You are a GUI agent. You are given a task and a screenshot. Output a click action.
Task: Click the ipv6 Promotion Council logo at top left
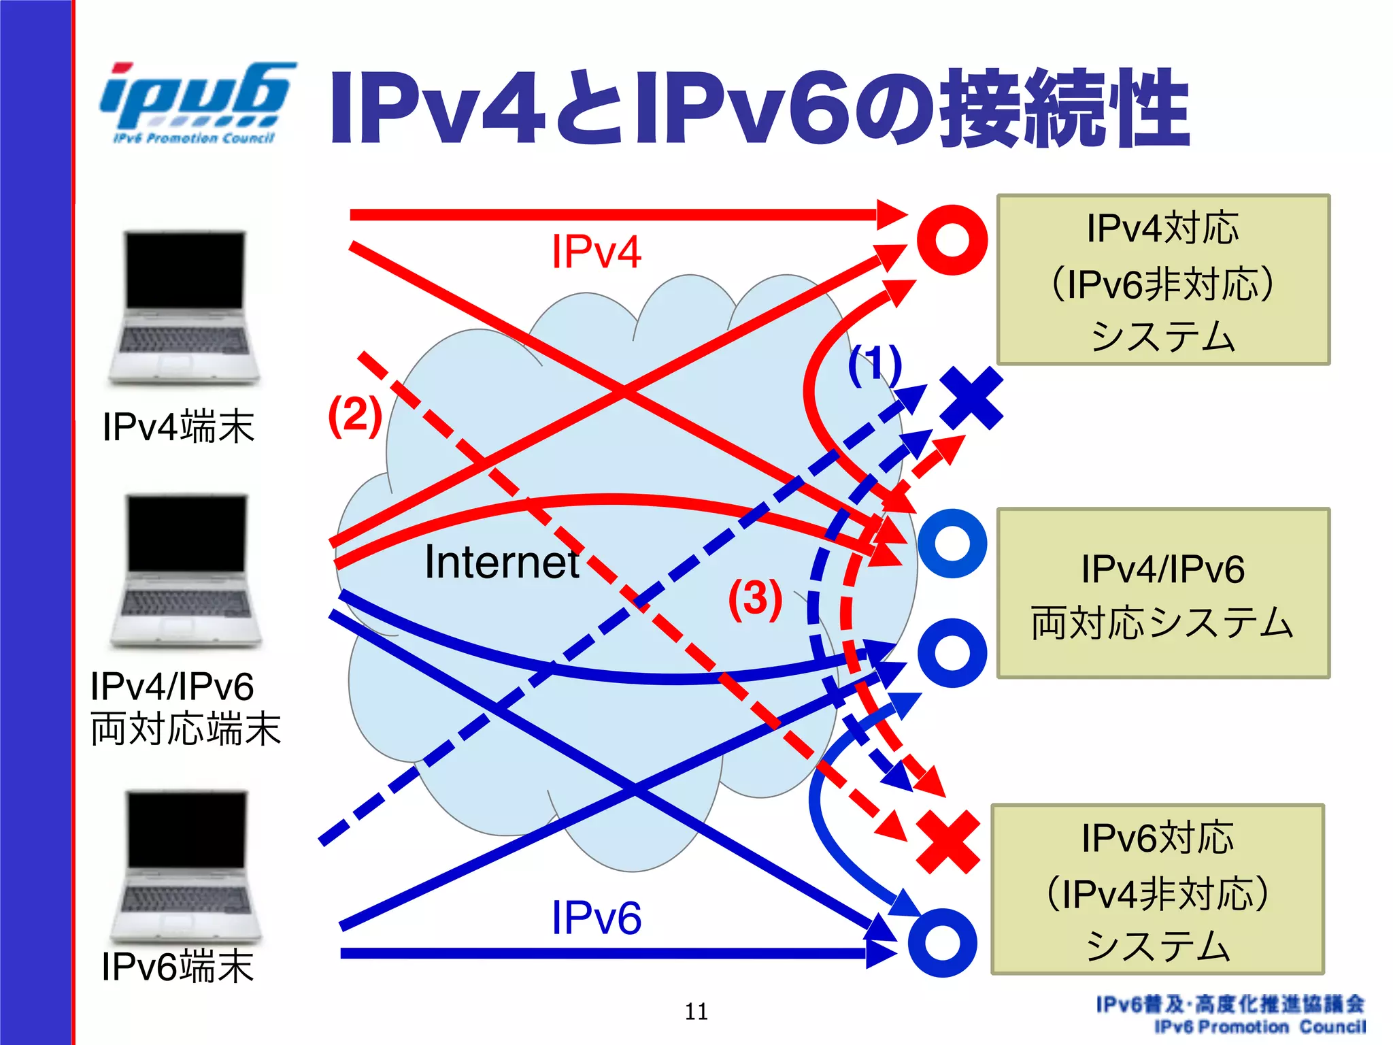pos(197,102)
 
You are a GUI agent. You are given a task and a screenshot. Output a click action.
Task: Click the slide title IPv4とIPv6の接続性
pos(758,109)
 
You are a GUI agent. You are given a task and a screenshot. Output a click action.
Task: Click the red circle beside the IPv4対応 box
pos(952,239)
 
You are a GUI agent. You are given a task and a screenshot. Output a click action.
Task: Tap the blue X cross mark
pos(971,398)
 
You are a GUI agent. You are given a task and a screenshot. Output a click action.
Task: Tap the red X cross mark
pos(948,842)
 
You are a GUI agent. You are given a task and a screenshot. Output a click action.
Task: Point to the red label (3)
pos(755,599)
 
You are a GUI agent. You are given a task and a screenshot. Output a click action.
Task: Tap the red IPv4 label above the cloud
pos(596,252)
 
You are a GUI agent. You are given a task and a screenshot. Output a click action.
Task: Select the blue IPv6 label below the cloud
pos(596,918)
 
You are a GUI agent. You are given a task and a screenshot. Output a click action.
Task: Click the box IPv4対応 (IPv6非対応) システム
pos(1162,280)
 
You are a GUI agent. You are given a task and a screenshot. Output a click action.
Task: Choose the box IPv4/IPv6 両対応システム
pos(1162,593)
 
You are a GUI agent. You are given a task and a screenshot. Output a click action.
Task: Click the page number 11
pos(696,1012)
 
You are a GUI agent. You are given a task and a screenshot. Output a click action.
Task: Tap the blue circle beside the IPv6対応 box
pos(943,943)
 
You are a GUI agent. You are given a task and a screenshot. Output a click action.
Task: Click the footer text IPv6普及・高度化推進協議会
pos(1230,1003)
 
